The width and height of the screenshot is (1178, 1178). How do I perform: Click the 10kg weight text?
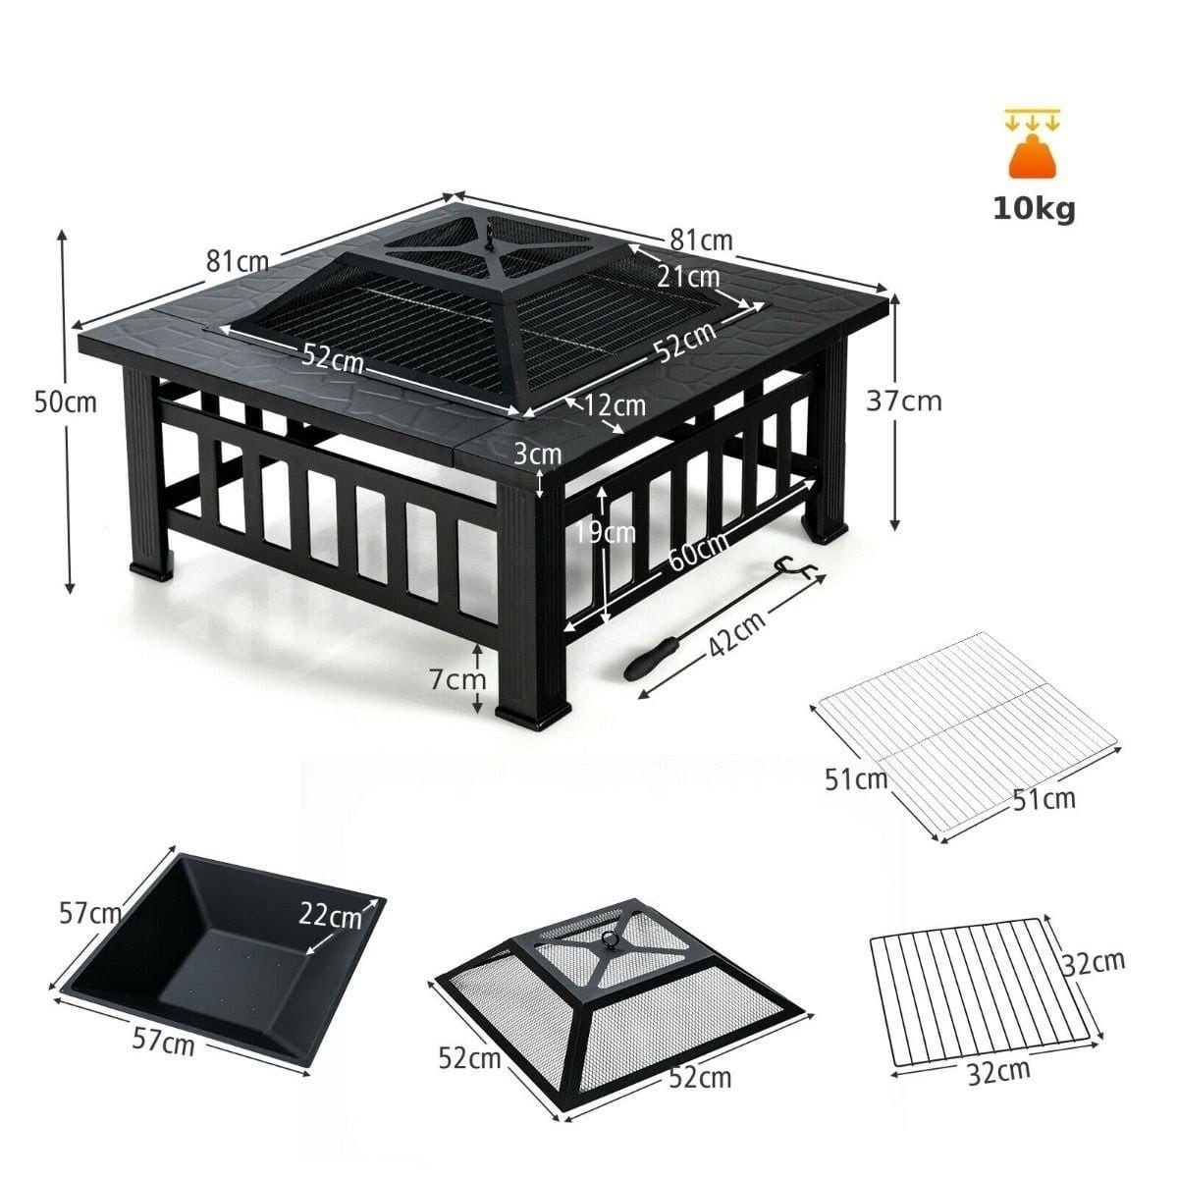pyautogui.click(x=1033, y=209)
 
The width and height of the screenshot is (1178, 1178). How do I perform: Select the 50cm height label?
pyautogui.click(x=66, y=402)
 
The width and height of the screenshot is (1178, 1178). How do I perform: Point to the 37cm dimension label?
pyautogui.click(x=904, y=402)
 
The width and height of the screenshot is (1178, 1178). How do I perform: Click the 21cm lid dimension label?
pyautogui.click(x=689, y=276)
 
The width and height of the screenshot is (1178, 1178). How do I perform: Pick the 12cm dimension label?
pyautogui.click(x=614, y=405)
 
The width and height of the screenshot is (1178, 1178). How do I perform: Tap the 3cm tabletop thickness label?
pyautogui.click(x=537, y=454)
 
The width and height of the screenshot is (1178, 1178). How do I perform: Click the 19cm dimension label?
pyautogui.click(x=606, y=532)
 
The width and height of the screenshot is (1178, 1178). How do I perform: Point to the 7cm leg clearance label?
pyautogui.click(x=457, y=679)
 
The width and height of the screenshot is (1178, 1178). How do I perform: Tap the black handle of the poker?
pyautogui.click(x=651, y=658)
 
